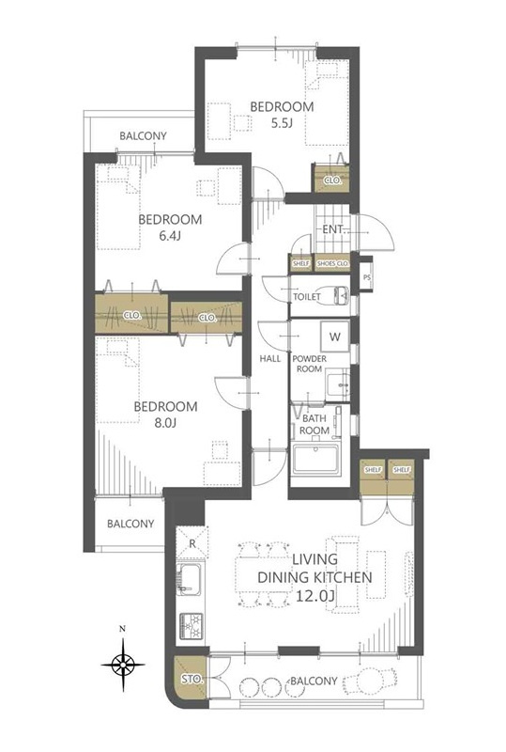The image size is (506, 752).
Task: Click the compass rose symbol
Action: coord(123,664)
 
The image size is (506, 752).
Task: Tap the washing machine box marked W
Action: coord(335,337)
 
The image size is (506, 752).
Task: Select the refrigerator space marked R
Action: coord(192,543)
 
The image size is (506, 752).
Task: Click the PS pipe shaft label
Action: coord(367,277)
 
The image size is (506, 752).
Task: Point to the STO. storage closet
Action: coord(192,680)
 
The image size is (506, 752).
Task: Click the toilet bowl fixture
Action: coord(335,295)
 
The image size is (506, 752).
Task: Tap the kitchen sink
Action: coord(190,579)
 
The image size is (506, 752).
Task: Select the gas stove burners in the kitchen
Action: coord(192,626)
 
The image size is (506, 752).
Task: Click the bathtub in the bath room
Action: coord(315,459)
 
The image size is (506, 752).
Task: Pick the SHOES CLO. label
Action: coord(332,264)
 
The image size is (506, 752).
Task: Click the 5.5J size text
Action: coord(282,123)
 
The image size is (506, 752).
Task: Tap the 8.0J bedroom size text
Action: coord(166,424)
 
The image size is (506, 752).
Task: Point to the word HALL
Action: coord(270,358)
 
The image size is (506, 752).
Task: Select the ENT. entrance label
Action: coord(333,229)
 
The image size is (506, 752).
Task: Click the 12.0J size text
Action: coord(314,596)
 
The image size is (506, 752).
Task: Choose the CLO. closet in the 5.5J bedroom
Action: coord(331,179)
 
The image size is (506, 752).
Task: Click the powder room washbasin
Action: coord(338,384)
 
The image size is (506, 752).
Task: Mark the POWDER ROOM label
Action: coord(310,364)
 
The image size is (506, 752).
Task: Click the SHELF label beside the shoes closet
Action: coord(301,264)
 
